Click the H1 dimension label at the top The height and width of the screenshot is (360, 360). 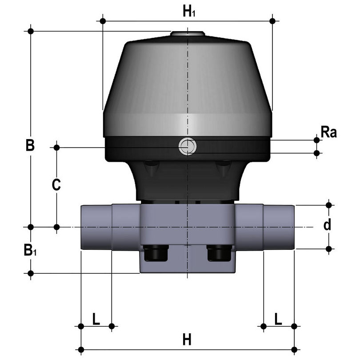[189, 11]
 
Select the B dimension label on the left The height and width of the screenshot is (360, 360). [30, 145]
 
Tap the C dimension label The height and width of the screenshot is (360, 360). [56, 184]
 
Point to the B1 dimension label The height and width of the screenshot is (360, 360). [30, 250]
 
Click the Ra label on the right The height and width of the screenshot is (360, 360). [329, 132]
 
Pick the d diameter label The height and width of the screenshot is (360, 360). [328, 224]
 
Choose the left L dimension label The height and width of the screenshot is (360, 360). [96, 319]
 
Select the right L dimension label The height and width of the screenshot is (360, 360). [278, 319]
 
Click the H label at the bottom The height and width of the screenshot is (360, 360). [187, 340]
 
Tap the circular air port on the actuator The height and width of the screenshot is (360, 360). [187, 146]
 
